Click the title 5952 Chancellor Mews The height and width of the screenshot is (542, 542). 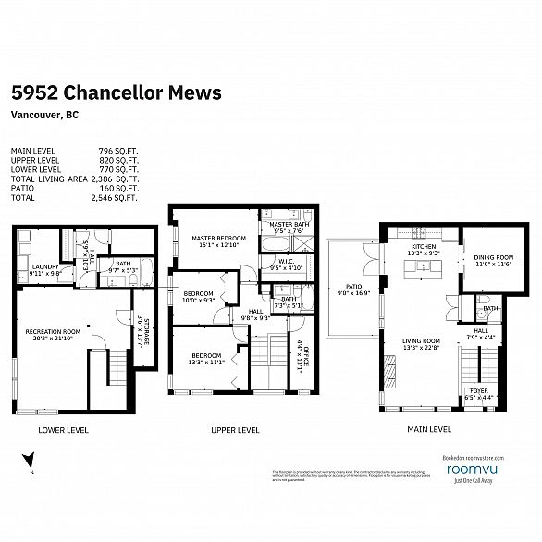116,93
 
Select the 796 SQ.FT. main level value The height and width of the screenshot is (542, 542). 118,150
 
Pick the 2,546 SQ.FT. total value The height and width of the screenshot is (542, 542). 116,197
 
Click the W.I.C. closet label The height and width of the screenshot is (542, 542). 286,262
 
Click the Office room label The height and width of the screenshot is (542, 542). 301,357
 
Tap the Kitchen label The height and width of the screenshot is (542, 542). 423,248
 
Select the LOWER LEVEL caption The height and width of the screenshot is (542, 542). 64,430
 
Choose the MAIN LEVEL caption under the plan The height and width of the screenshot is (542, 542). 427,430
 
